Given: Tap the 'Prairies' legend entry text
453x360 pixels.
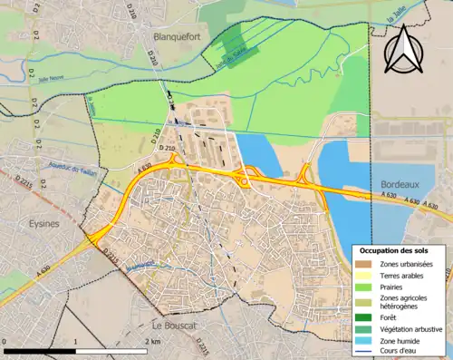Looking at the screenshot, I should [x=400, y=285].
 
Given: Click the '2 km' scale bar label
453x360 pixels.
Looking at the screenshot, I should [x=152, y=341].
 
